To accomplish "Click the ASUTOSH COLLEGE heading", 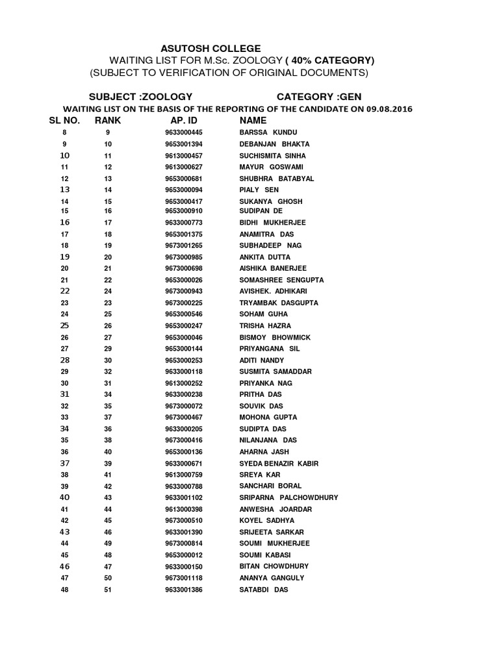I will click(x=211, y=49).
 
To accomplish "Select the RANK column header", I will click(x=108, y=120).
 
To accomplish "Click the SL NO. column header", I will click(x=64, y=120).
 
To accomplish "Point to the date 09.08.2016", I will click(x=389, y=108).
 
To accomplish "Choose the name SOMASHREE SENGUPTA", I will click(x=281, y=280).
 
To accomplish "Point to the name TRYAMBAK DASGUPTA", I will click(x=279, y=303).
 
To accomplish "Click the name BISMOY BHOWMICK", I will click(x=275, y=337).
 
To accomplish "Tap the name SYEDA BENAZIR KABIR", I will click(x=279, y=463).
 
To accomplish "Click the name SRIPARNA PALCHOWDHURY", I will click(x=288, y=497).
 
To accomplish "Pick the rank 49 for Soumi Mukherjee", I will click(x=108, y=543).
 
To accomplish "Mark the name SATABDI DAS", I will click(x=264, y=589).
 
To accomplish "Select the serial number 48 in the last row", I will click(x=64, y=589).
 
